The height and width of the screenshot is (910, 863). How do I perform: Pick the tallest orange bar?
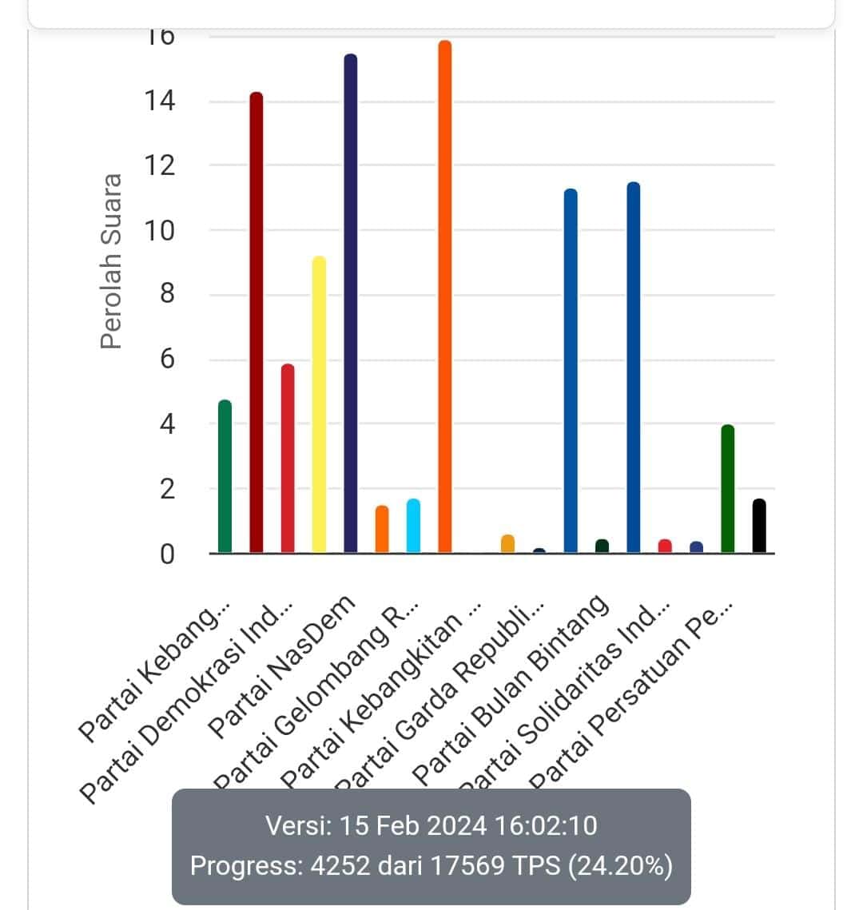(445, 296)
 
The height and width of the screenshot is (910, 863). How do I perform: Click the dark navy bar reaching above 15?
(351, 304)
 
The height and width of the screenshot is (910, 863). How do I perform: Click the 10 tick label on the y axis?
(157, 231)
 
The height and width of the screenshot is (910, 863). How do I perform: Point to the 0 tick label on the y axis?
(166, 554)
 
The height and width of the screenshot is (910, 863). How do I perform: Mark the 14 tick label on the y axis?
(157, 101)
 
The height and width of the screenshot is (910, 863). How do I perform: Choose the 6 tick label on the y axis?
(166, 360)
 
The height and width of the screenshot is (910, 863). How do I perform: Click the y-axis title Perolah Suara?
(112, 261)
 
